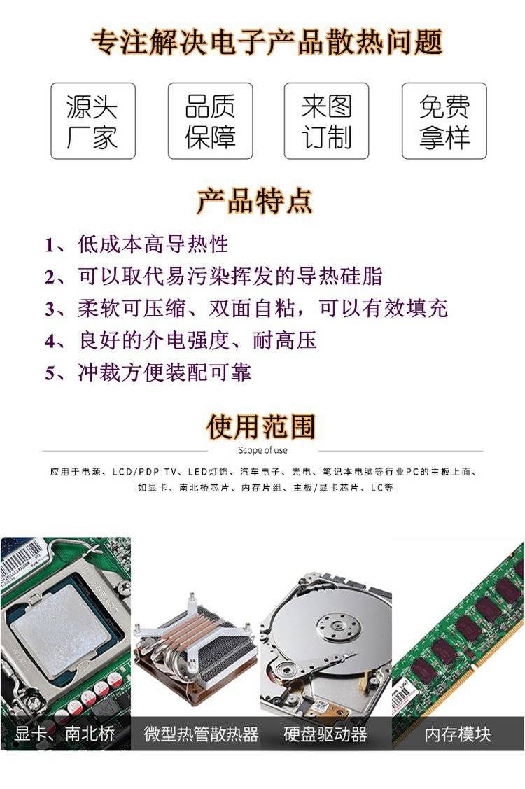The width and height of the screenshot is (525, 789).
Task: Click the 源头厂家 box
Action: coord(93,121)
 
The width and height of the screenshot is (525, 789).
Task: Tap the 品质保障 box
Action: coord(211,121)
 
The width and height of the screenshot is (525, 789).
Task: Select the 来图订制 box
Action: coord(327,121)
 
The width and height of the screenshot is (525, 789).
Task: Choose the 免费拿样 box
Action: coord(444,121)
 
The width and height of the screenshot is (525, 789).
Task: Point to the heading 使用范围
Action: coord(260,427)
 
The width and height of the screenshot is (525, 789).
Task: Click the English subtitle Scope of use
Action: coord(262,450)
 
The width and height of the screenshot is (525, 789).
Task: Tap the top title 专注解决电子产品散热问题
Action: coord(267,42)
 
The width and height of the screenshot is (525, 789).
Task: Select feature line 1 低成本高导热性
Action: coord(136,244)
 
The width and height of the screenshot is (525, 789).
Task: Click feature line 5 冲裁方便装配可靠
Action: coord(148,373)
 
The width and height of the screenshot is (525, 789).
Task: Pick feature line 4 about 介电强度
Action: coord(181,341)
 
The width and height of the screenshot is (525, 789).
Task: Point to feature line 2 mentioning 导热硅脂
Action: coord(213,277)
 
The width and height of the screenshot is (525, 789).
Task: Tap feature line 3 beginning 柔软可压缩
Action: coord(246,309)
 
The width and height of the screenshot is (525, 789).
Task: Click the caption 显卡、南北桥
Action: coord(65,734)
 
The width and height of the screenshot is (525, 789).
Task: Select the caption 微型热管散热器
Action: coord(201,734)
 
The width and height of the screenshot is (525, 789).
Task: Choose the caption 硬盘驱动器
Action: coord(325,734)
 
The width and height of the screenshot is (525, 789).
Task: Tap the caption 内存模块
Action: coord(458,734)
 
